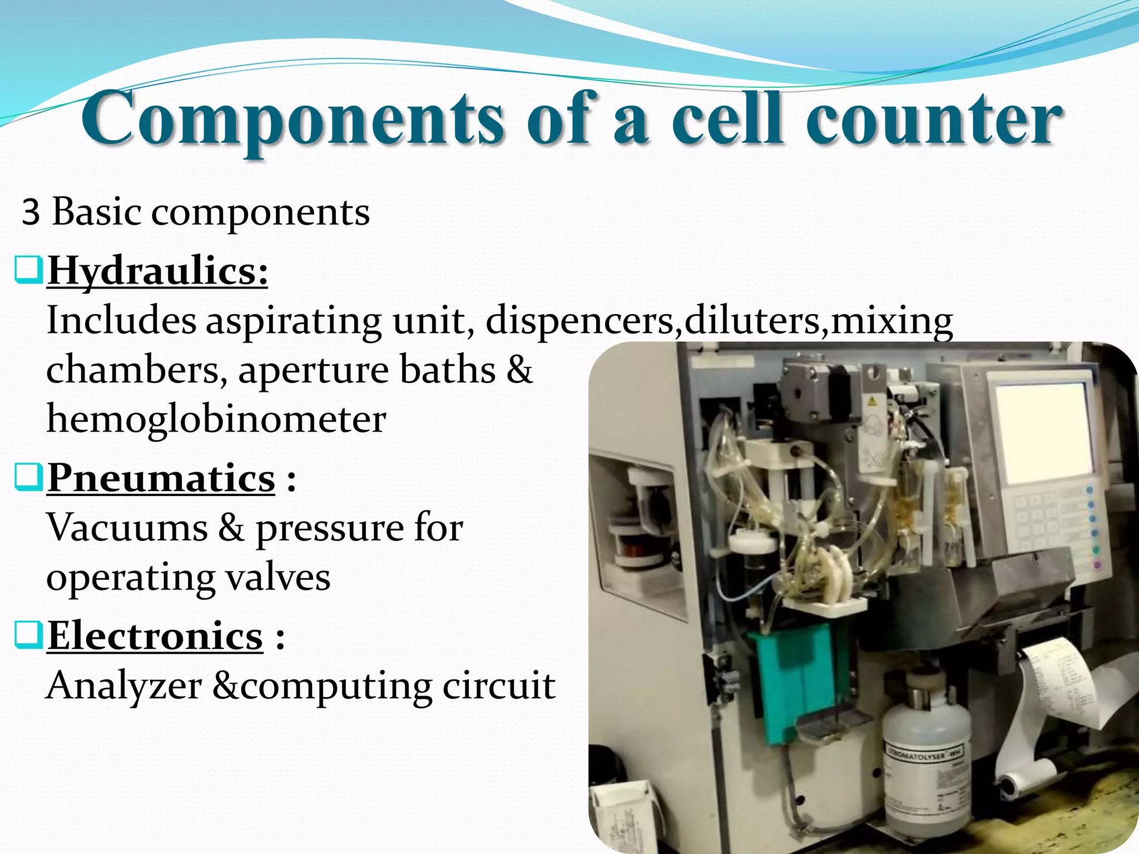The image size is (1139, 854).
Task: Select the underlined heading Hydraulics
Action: point(157,272)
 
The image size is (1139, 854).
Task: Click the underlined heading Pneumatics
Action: point(161,478)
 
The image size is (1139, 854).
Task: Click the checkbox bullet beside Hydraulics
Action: point(28,271)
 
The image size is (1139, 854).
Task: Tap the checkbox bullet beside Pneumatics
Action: point(28,478)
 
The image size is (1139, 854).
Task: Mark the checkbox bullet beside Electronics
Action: point(28,635)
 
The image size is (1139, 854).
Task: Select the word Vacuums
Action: point(127,527)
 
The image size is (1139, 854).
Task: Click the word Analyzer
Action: point(123,685)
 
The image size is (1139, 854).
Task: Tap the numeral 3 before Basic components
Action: point(31,212)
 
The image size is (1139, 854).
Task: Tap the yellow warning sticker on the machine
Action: point(872,401)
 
